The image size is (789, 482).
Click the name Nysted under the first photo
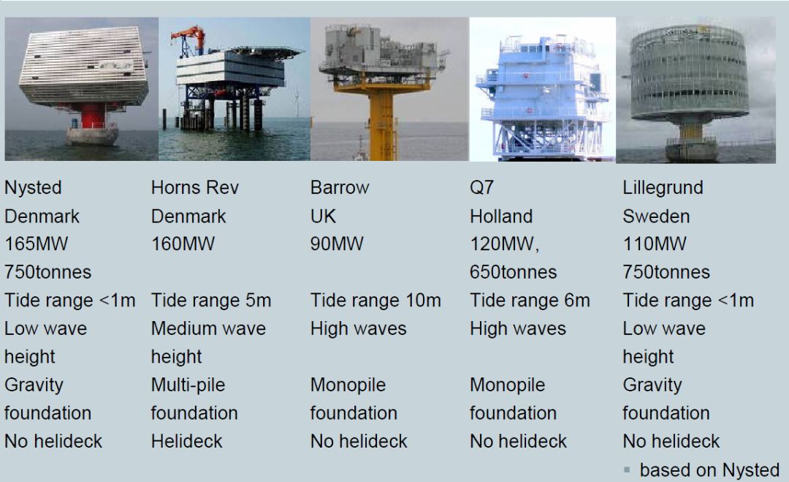pyautogui.click(x=33, y=188)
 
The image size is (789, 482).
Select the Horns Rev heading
pyautogui.click(x=195, y=187)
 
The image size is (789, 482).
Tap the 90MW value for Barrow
pyautogui.click(x=337, y=244)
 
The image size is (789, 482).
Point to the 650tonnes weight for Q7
pyautogui.click(x=514, y=272)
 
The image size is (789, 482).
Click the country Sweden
pyautogui.click(x=656, y=216)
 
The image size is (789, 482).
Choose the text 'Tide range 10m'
pyautogui.click(x=376, y=300)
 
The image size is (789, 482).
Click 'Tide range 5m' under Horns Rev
pyautogui.click(x=211, y=300)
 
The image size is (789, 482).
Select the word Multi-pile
pyautogui.click(x=188, y=385)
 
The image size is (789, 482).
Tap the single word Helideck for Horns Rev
pyautogui.click(x=187, y=441)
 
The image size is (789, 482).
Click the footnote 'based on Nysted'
pyautogui.click(x=709, y=470)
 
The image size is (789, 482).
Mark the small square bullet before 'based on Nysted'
pyautogui.click(x=627, y=470)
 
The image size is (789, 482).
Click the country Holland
pyautogui.click(x=501, y=216)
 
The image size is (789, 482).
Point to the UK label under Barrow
pyautogui.click(x=323, y=216)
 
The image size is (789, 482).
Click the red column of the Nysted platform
pyautogui.click(x=93, y=116)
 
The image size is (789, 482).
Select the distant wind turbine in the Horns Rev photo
pyautogui.click(x=297, y=102)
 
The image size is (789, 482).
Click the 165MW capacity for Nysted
pyautogui.click(x=37, y=244)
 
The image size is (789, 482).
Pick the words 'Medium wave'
pyautogui.click(x=208, y=328)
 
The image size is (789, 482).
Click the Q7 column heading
pyautogui.click(x=481, y=188)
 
